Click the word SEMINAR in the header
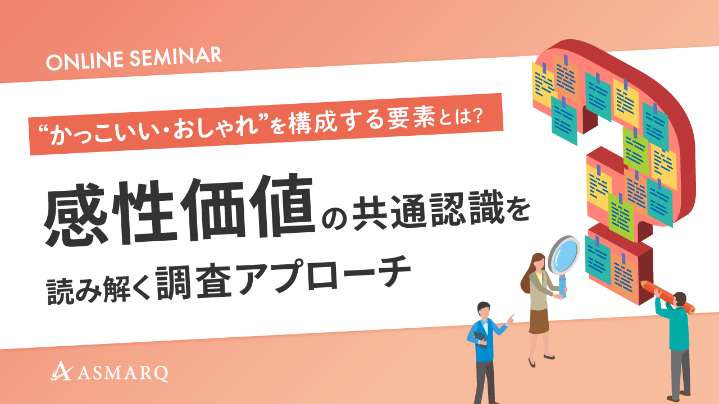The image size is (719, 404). point(176,57)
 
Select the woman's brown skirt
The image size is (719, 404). point(539,321)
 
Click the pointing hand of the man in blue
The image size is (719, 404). point(510,318)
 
